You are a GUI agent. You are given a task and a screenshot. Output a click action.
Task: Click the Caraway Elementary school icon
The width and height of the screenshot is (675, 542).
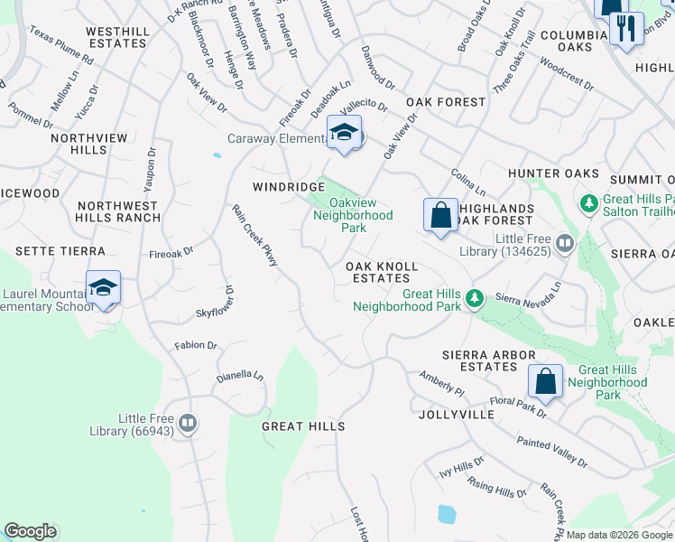coord(344,134)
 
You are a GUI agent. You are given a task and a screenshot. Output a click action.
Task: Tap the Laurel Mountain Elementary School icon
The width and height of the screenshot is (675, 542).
coord(104,288)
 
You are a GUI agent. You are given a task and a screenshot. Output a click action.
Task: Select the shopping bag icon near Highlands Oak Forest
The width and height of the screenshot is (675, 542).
coord(440,216)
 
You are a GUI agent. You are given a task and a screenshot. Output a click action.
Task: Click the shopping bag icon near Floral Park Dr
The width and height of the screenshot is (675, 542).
coord(546,381)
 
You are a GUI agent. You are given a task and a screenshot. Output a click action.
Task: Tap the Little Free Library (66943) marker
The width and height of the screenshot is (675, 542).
coord(189,422)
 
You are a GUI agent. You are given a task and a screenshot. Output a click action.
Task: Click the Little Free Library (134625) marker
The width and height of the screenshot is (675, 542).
coord(565,242)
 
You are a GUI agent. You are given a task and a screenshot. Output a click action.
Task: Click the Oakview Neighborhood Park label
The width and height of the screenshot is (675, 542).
coord(353,216)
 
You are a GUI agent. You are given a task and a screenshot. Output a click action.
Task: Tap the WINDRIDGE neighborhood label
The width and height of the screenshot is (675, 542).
coord(288,186)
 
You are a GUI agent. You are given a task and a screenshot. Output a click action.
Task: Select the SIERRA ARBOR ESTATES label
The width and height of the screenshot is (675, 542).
coord(489,360)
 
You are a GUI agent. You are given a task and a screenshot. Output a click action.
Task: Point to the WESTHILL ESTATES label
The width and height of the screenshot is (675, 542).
coord(117,37)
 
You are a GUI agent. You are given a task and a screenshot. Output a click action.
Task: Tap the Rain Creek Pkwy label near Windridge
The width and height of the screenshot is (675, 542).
coord(254,235)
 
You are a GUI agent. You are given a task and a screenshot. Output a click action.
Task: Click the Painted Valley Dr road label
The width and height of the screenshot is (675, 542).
coord(552,450)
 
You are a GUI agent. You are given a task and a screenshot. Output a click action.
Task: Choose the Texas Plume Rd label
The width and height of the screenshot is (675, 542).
coord(61,44)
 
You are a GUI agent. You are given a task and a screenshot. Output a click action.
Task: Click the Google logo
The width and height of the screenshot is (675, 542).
coord(30,531)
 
